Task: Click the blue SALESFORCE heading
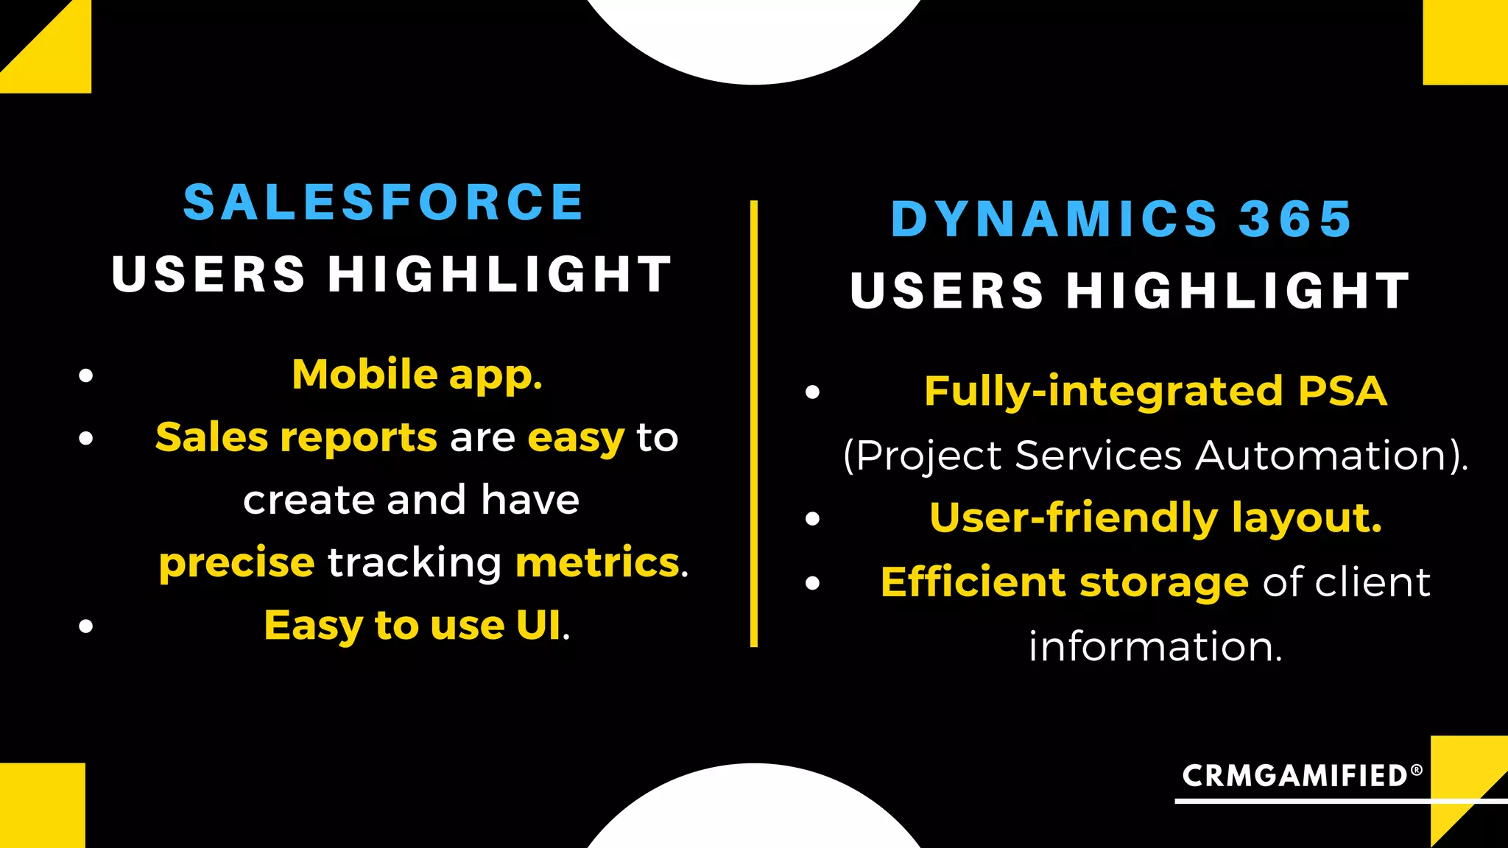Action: (383, 202)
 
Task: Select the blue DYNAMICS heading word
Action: (1054, 219)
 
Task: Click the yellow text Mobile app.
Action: (417, 375)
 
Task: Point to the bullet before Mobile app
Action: (86, 376)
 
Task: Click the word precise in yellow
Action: (236, 563)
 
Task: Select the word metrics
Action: (597, 563)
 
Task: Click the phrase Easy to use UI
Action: (412, 626)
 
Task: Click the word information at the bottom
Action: (1155, 647)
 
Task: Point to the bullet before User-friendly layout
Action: (812, 519)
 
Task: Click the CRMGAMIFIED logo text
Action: (1294, 776)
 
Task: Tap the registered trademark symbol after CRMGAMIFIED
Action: (1416, 769)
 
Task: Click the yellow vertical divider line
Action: (753, 423)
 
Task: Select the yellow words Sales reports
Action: (296, 438)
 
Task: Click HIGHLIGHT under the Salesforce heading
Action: (499, 275)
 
